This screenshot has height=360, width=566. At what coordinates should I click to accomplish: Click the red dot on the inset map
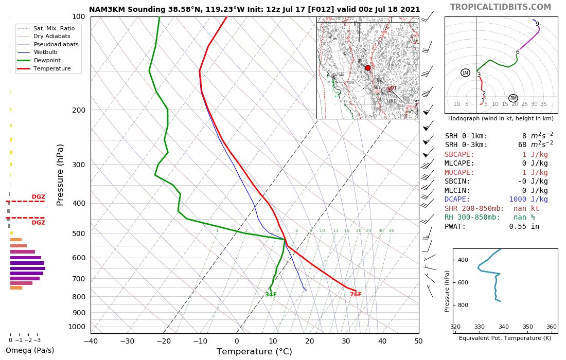point(367,68)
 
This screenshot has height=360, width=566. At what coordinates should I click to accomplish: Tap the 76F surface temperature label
point(356,295)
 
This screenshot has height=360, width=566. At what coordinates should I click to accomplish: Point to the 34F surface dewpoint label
point(271,295)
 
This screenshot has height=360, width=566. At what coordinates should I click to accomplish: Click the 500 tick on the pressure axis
point(78,233)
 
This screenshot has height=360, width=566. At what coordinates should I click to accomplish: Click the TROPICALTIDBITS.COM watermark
point(500,7)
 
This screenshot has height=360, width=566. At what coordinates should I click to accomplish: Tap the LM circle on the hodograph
point(466,73)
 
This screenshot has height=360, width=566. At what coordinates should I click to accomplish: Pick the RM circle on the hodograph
point(513,98)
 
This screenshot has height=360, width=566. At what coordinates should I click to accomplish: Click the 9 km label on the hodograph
point(537,24)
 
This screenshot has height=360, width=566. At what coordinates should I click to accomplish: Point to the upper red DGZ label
point(38,197)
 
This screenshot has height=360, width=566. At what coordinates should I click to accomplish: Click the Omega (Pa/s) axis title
point(29,351)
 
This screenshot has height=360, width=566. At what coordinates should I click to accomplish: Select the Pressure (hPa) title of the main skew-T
point(60,174)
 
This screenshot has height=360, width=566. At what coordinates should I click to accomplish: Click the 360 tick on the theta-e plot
point(551,327)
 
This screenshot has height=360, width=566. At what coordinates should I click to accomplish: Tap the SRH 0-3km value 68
point(522,145)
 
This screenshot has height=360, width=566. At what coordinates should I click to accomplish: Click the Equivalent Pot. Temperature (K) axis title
point(505,338)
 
